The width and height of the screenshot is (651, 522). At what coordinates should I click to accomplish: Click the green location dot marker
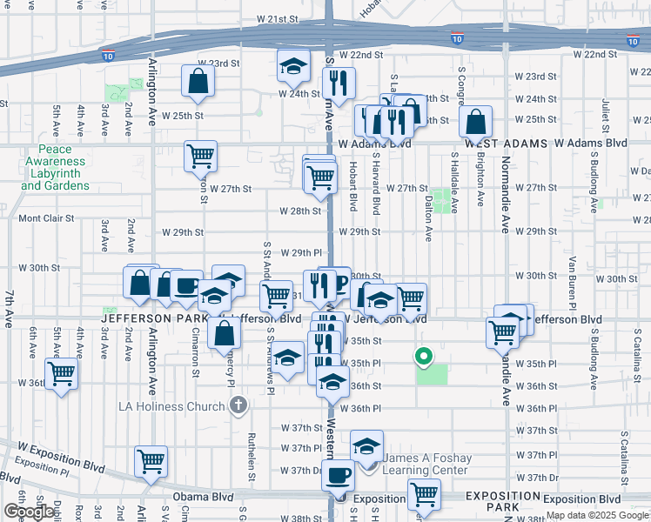click(x=425, y=355)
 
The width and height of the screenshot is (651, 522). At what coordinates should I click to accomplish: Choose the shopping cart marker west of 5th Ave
click(x=61, y=374)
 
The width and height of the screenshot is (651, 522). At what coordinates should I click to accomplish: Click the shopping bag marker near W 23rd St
click(x=198, y=81)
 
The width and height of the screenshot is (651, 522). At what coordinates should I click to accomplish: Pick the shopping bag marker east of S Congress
click(x=476, y=121)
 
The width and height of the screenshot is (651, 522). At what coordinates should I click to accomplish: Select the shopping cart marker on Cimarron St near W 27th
click(x=200, y=157)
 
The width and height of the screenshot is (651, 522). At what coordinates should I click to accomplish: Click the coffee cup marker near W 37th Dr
click(x=338, y=474)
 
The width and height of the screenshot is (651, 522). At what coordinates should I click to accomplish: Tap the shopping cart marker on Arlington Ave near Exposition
click(x=151, y=460)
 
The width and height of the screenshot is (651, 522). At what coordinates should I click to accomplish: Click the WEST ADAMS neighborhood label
click(x=506, y=143)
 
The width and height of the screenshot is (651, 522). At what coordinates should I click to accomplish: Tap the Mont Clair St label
click(x=47, y=218)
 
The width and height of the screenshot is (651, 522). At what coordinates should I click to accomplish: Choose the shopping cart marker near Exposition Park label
click(x=424, y=494)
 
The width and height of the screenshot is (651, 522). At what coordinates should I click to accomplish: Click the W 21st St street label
click(x=278, y=18)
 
